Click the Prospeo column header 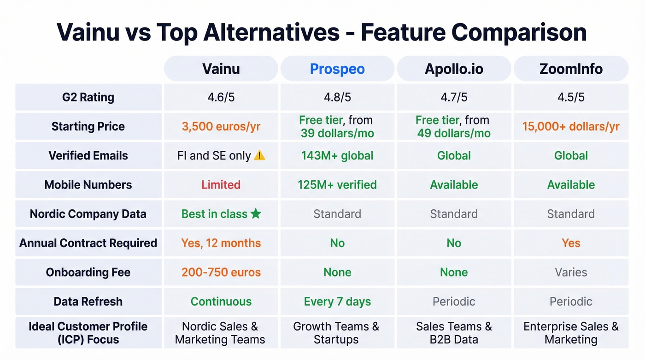(337, 69)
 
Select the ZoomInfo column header (571, 69)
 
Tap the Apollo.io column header (454, 69)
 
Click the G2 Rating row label (88, 97)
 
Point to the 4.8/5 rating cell (337, 97)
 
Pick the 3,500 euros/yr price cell (221, 126)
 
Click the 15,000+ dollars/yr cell (571, 126)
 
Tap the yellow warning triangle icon (259, 156)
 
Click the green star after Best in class (256, 214)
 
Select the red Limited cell (221, 185)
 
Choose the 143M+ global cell (337, 156)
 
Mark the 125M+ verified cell (337, 185)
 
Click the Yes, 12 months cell (221, 243)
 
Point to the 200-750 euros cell (221, 272)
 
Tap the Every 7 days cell (337, 301)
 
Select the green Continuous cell (221, 301)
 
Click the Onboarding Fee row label (88, 272)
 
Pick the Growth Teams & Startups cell (337, 333)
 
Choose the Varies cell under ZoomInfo (571, 272)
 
